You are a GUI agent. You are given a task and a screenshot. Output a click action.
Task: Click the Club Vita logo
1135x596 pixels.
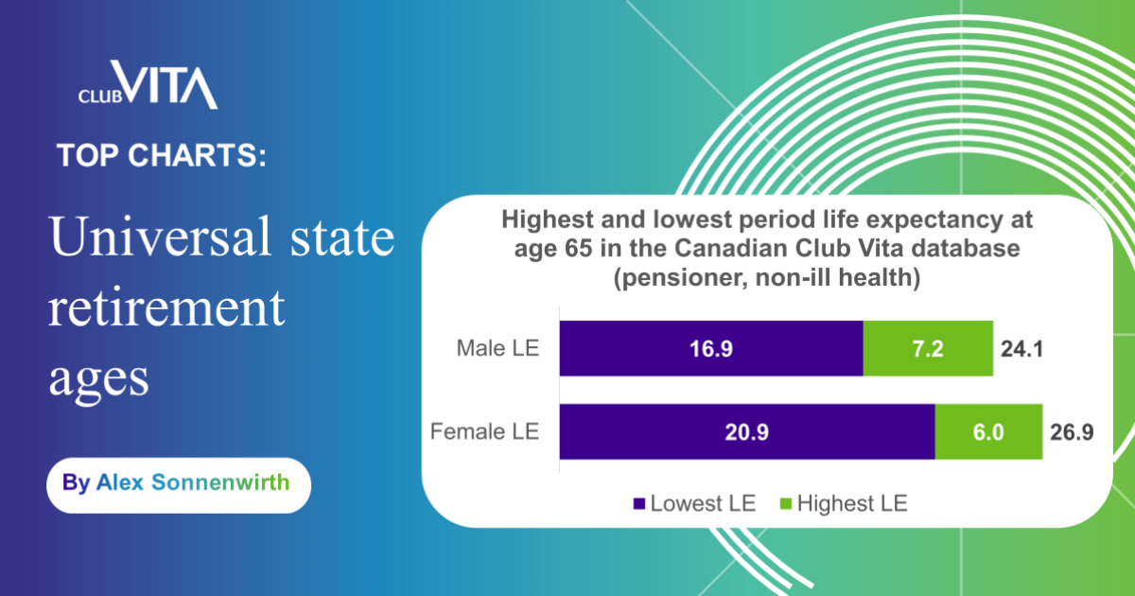click(x=148, y=86)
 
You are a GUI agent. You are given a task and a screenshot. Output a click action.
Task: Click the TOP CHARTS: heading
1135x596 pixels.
click(x=161, y=155)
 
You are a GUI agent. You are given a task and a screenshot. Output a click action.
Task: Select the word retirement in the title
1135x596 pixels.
click(x=166, y=308)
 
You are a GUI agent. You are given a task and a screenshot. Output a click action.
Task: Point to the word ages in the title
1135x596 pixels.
click(x=98, y=377)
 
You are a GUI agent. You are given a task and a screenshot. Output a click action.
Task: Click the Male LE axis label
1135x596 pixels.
click(x=498, y=348)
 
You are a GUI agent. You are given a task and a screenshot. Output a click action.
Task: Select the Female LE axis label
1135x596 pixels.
click(x=484, y=432)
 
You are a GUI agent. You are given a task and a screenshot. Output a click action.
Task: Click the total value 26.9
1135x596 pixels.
click(x=1073, y=432)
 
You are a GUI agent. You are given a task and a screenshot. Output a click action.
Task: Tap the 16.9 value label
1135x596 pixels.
click(x=711, y=348)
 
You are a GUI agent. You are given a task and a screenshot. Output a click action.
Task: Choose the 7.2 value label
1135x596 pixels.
click(x=928, y=348)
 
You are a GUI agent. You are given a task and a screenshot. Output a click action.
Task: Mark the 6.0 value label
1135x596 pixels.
click(x=989, y=432)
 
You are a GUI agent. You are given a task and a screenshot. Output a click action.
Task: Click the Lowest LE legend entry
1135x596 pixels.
click(x=694, y=503)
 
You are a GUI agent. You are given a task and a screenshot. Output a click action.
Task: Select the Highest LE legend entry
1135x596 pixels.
click(x=842, y=503)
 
